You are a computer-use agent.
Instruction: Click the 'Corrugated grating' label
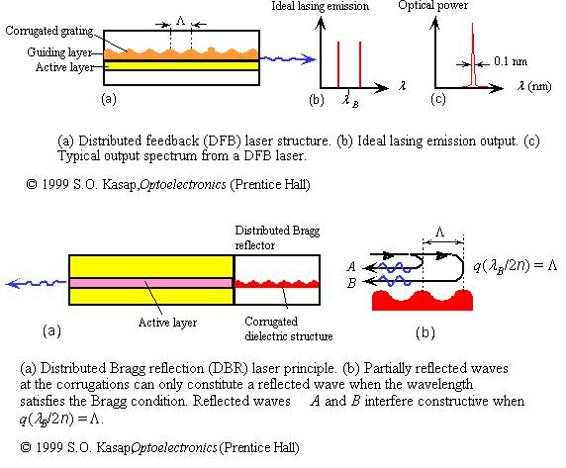[49, 31]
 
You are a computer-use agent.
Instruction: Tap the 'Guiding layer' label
[59, 52]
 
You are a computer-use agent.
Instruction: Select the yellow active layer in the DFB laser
[181, 65]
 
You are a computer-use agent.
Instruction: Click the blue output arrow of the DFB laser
[288, 59]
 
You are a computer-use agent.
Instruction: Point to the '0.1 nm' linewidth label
[511, 61]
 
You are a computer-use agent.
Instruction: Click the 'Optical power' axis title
[432, 5]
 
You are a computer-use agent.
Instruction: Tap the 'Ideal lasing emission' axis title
[321, 6]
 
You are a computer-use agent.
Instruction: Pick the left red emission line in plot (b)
[338, 64]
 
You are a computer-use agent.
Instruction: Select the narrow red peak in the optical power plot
[473, 55]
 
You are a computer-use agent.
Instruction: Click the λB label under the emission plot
[350, 100]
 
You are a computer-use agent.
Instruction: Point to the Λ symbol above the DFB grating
[181, 21]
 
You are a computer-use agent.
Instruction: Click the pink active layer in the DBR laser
[150, 283]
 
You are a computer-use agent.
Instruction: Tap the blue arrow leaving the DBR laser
[36, 284]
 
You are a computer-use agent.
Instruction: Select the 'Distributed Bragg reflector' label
[277, 237]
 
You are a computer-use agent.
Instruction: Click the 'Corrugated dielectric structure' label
[288, 328]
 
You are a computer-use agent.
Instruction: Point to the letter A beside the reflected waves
[351, 267]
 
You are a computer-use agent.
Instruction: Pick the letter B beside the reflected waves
[352, 283]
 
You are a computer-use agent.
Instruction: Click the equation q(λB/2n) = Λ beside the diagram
[516, 266]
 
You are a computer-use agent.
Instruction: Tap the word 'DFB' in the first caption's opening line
[222, 140]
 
